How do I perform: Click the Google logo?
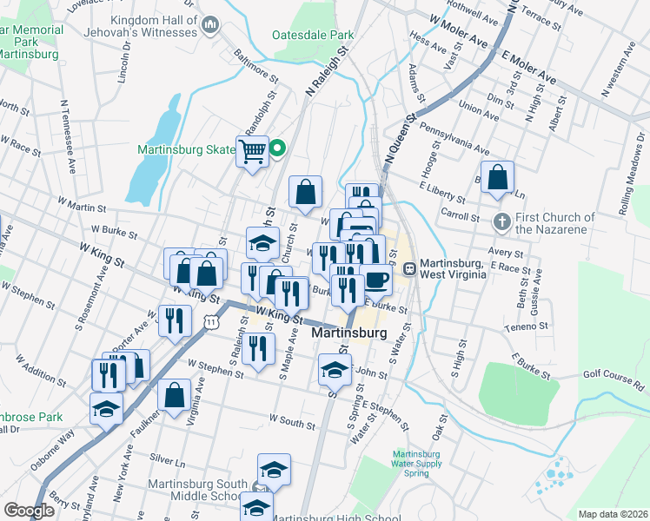coord(29,511)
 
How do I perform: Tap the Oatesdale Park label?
coord(313,36)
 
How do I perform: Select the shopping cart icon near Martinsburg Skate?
coord(252,153)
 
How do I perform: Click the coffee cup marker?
coord(377,280)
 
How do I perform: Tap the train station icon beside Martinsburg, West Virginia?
coord(408,268)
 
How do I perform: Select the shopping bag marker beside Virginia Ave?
coord(175,396)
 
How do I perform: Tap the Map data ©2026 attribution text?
coord(612,514)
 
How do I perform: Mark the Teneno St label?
coord(522,328)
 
